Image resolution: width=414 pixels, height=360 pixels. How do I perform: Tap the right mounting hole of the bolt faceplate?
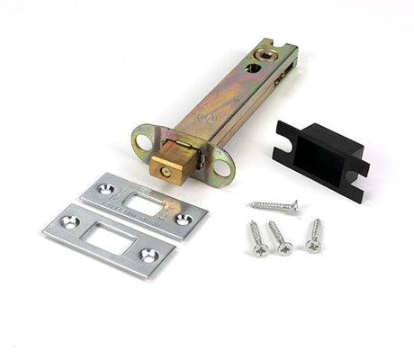coord(220,163)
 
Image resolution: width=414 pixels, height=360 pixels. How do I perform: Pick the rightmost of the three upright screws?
coord(315,236)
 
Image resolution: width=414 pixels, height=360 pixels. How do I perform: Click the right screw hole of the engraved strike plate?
coord(183,220)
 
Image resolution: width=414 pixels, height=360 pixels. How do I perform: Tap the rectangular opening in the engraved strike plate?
coord(144,204)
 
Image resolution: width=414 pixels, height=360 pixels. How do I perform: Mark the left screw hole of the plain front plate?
coord(71,221)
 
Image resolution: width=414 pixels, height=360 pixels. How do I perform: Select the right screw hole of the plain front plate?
coord(148,256)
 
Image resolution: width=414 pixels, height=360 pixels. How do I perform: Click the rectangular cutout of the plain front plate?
coord(109,238)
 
